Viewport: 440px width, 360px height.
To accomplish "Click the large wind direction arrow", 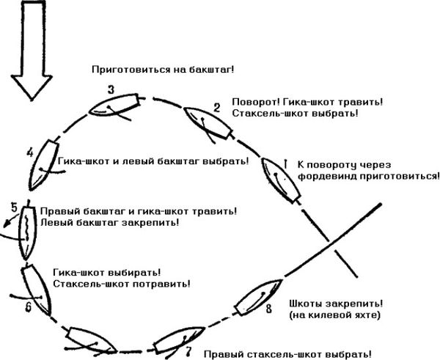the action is tap(32, 51).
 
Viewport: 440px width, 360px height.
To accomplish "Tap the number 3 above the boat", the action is tap(111, 90).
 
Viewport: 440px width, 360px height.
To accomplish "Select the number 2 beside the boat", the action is tap(216, 108).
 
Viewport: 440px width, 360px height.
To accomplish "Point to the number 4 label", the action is tap(30, 153).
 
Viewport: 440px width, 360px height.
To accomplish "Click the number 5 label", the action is tap(15, 207).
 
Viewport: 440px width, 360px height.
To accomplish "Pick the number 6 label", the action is tap(29, 307).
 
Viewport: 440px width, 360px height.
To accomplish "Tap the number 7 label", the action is tap(189, 351).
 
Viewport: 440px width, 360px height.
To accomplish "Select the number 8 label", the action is tap(268, 309).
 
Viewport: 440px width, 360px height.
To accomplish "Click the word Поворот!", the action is tap(256, 102).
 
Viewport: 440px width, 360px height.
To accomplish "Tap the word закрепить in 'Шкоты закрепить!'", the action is tap(355, 304).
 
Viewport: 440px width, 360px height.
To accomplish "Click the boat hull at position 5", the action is tap(28, 233).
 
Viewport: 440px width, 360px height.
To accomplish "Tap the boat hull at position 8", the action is tap(258, 298).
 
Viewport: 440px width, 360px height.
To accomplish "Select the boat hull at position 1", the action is tap(281, 180).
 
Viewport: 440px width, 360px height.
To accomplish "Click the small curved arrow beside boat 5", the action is tap(11, 220).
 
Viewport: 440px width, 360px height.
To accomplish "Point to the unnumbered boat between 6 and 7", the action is tap(91, 339).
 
